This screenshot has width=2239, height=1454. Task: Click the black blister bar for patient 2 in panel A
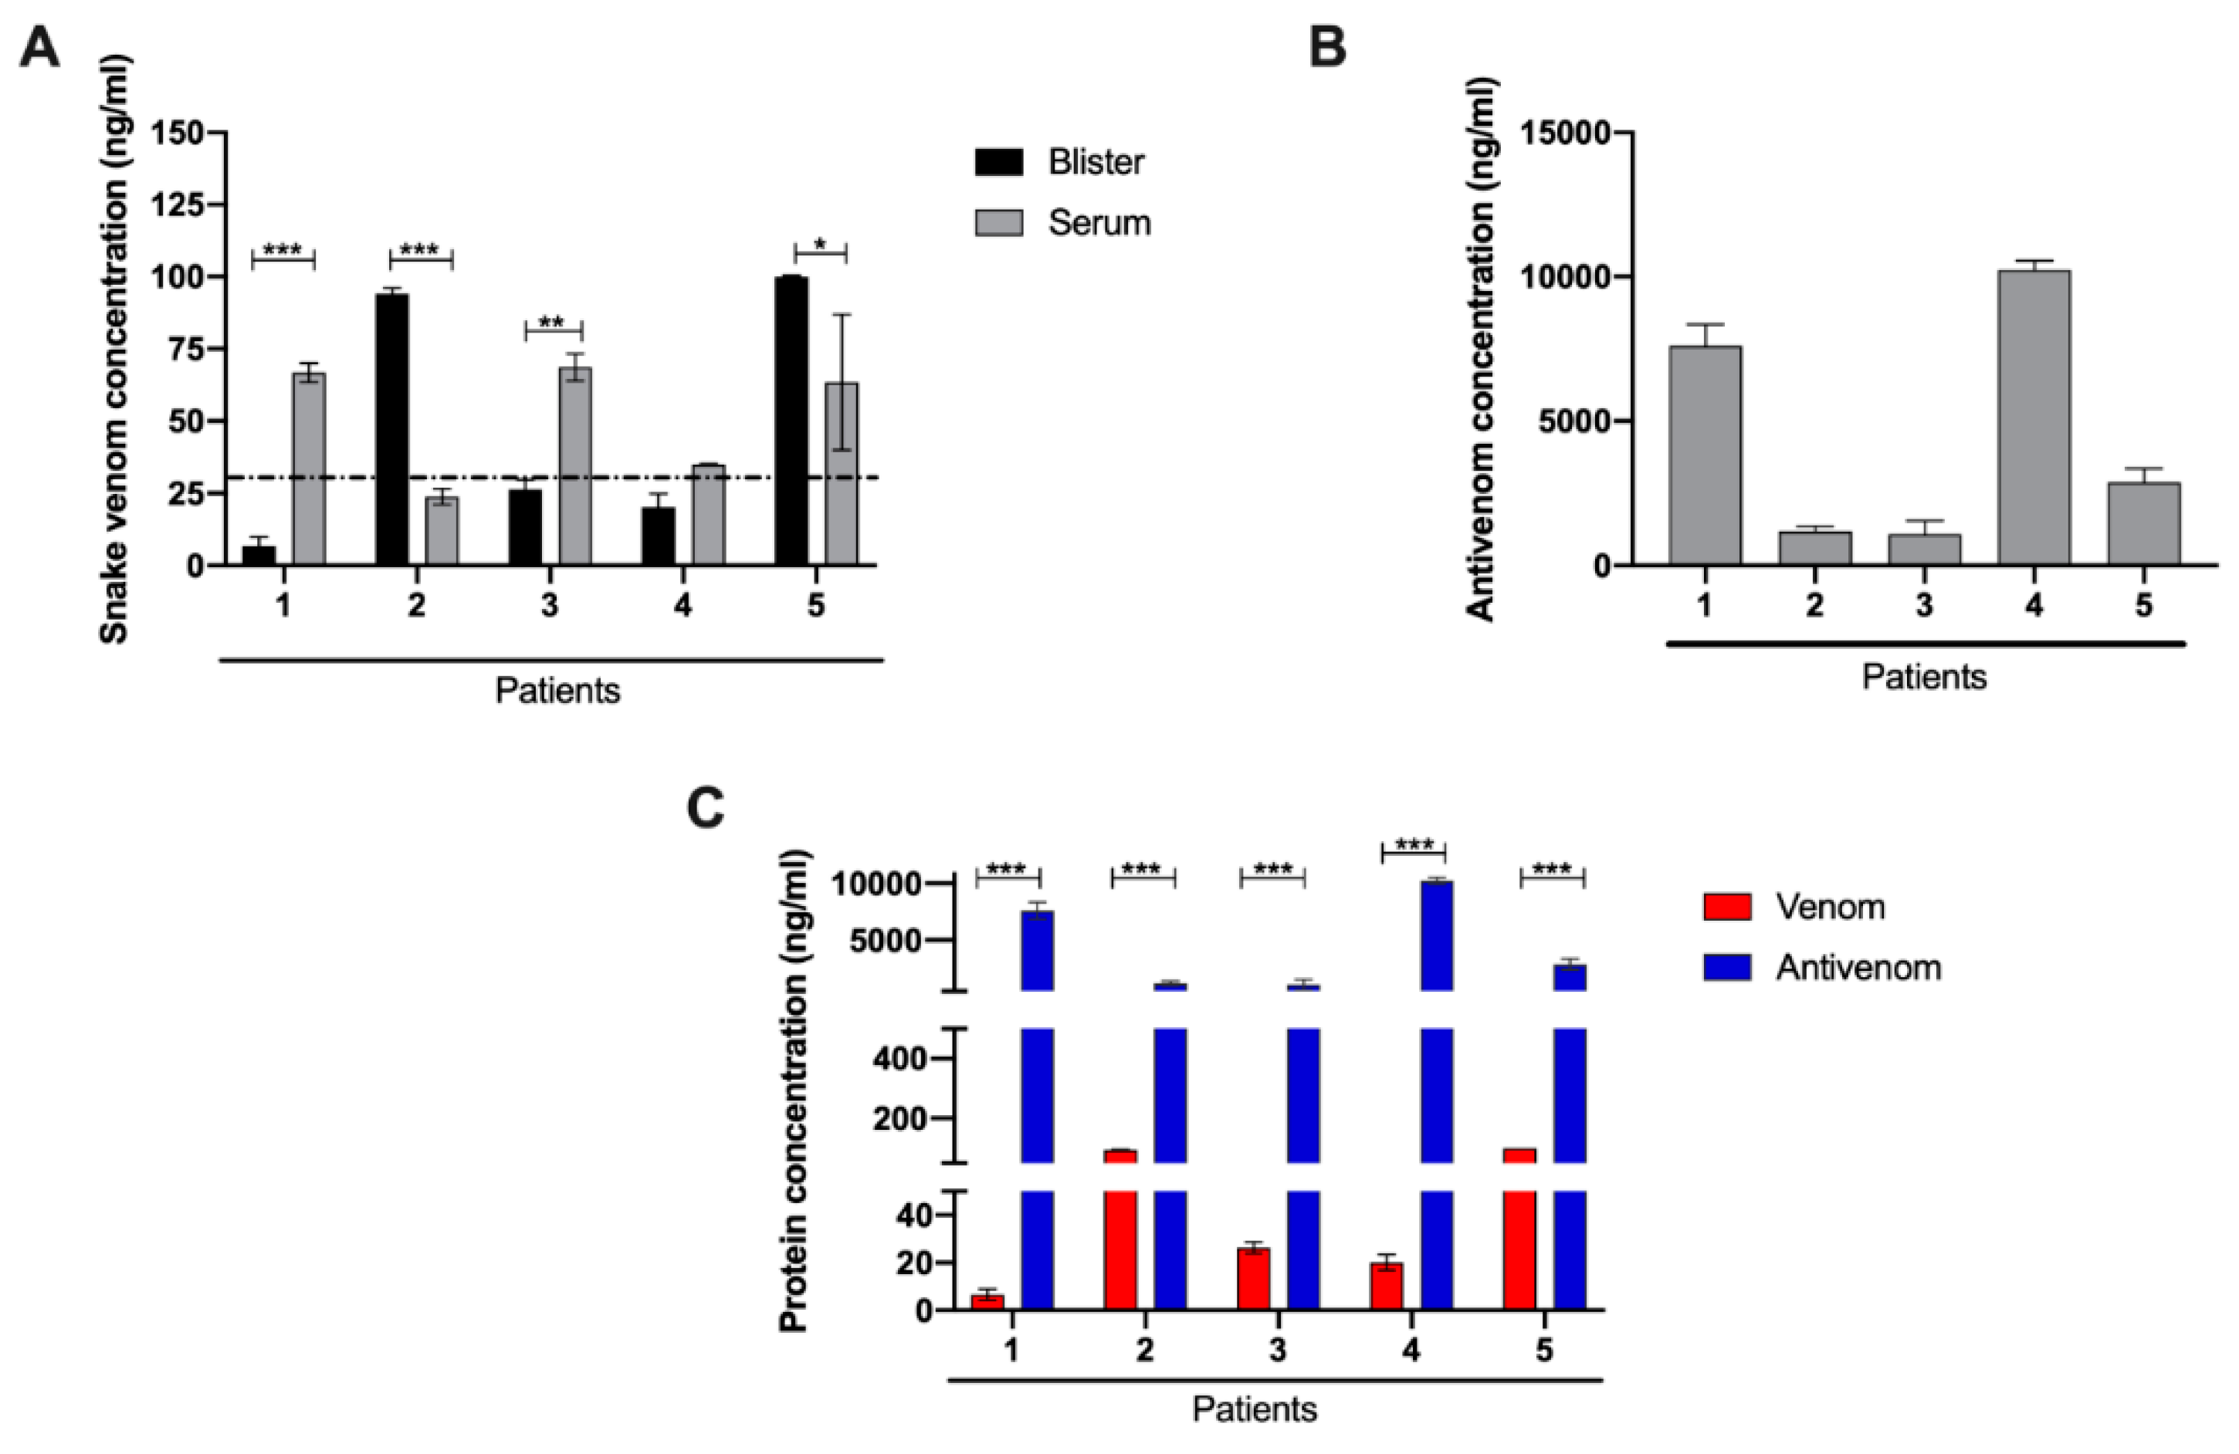click(392, 429)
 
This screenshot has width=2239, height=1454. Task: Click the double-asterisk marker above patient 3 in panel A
click(552, 323)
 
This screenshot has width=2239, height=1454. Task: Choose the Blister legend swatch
click(998, 162)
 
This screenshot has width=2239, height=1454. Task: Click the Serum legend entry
click(1099, 223)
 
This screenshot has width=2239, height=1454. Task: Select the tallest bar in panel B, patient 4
click(2033, 418)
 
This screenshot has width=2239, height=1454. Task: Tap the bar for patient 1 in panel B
click(1705, 455)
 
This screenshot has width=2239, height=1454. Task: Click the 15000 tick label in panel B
click(1562, 133)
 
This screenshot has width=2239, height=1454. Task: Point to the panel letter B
click(1327, 47)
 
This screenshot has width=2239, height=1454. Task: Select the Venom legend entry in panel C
click(1829, 907)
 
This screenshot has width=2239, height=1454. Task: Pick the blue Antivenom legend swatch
click(1726, 968)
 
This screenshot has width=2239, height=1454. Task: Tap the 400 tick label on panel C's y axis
click(899, 1059)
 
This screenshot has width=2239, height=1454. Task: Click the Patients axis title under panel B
click(1924, 677)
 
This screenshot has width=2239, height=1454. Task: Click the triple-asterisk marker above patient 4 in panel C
click(1413, 846)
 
